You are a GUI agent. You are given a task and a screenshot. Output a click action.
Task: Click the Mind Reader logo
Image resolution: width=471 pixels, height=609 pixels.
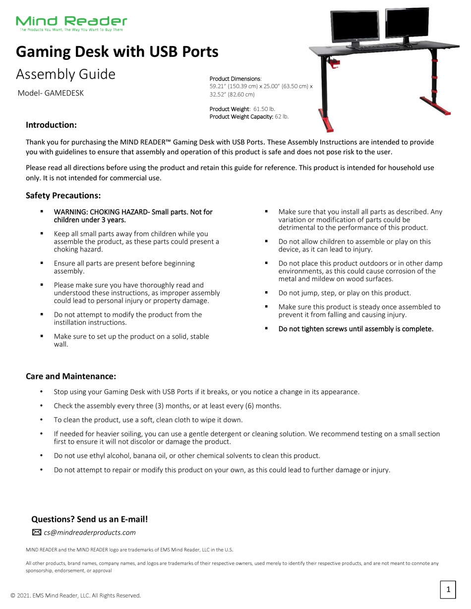click(x=71, y=23)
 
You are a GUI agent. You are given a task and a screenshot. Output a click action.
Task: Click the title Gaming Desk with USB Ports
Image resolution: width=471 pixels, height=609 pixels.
click(x=117, y=52)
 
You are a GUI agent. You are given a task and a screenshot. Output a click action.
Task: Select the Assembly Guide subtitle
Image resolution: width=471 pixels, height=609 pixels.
click(x=65, y=74)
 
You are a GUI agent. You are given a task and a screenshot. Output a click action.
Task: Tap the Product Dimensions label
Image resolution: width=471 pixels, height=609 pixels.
click(x=235, y=79)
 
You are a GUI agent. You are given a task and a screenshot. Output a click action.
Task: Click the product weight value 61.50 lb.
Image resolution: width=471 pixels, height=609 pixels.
click(x=264, y=108)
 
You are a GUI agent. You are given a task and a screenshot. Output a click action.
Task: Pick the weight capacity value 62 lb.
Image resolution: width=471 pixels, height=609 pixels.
click(x=282, y=116)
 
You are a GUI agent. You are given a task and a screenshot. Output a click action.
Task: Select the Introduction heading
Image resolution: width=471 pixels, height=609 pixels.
click(x=51, y=125)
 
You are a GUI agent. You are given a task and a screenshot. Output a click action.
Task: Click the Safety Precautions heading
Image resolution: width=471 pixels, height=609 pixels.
click(x=63, y=196)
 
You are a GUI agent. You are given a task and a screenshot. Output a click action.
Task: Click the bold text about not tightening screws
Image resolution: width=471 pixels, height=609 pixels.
click(x=355, y=329)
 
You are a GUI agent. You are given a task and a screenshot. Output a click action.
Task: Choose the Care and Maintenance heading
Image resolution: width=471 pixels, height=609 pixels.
click(x=71, y=376)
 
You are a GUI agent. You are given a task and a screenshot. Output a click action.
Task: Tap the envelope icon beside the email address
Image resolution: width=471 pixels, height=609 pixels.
click(x=37, y=533)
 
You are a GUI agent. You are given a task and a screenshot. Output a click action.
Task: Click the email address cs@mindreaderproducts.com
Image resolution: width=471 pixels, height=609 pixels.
click(x=89, y=533)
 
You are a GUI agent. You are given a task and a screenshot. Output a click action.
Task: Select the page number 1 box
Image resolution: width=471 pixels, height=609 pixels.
click(x=448, y=589)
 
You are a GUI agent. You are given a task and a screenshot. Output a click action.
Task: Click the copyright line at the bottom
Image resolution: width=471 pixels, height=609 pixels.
click(x=76, y=595)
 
